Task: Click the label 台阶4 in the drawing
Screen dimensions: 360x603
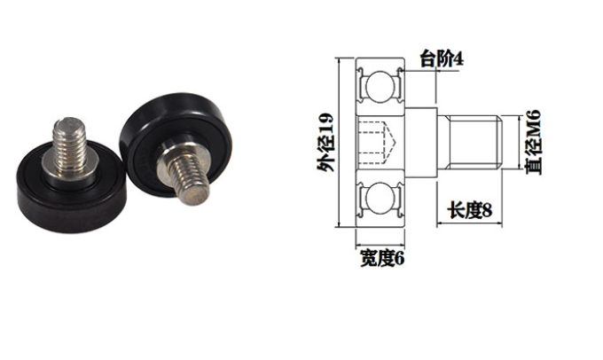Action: (442, 59)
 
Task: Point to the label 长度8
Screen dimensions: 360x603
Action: (469, 211)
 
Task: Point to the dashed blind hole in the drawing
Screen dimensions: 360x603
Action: (377, 141)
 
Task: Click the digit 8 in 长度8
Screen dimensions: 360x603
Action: (487, 211)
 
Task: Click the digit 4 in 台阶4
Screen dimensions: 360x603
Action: (459, 59)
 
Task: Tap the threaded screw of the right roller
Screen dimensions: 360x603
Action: (185, 172)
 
